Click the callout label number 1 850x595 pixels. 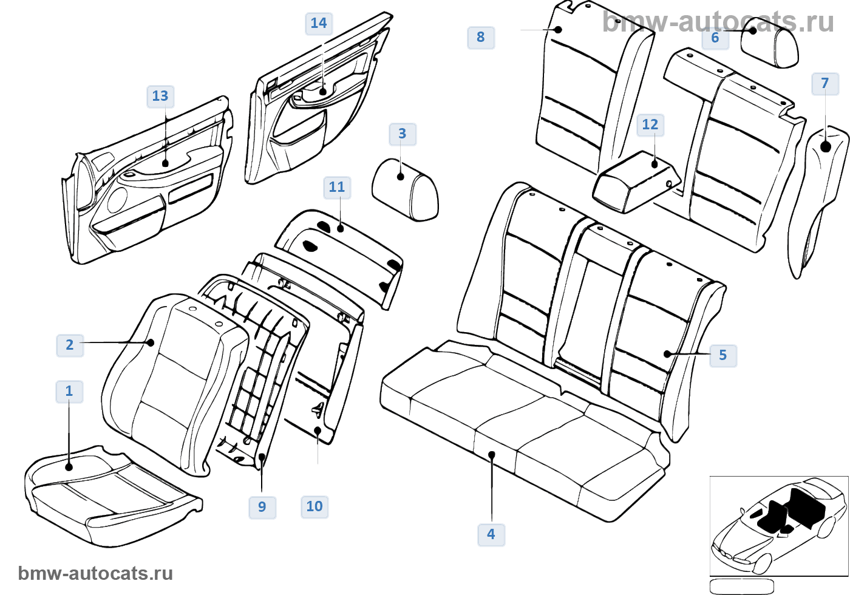(69, 392)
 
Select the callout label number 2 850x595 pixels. (70, 345)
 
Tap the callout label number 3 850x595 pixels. (403, 134)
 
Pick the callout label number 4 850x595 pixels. (491, 535)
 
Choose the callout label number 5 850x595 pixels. (723, 356)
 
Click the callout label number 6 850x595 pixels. (715, 38)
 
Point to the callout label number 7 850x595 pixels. (825, 84)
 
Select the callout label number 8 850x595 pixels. (481, 38)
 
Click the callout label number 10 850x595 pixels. (314, 507)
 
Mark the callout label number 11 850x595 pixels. (337, 188)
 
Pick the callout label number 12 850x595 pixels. (650, 125)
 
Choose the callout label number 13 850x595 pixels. (160, 97)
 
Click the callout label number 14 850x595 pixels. (319, 24)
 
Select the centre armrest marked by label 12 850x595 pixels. (634, 181)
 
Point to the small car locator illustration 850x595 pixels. (778, 525)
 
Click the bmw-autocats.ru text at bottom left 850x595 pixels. (95, 574)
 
